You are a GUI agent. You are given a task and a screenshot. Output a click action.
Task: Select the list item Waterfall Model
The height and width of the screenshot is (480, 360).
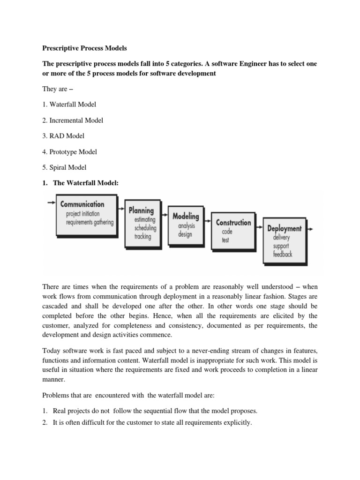tap(69, 104)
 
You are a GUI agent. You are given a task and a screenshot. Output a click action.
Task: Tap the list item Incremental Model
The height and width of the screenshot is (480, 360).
tap(73, 120)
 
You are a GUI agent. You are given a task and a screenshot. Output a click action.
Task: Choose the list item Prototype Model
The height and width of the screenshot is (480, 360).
tap(70, 152)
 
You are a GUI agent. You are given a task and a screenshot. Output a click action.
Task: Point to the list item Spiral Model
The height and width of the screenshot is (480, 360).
tap(65, 167)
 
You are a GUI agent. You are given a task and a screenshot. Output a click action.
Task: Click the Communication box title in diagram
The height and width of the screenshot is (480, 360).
tap(82, 204)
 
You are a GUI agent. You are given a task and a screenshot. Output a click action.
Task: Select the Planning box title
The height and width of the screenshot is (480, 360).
tap(141, 210)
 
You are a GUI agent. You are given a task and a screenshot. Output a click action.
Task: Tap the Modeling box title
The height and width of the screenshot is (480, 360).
tap(186, 217)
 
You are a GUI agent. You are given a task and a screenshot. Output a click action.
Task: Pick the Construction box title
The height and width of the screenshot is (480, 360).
tap(233, 223)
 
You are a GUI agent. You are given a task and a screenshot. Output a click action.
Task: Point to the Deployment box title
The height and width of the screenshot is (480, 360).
tap(284, 229)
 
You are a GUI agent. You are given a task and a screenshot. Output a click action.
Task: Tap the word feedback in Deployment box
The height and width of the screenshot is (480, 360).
tap(283, 255)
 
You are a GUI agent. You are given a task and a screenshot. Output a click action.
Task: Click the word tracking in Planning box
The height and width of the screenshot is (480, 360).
tap(142, 237)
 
